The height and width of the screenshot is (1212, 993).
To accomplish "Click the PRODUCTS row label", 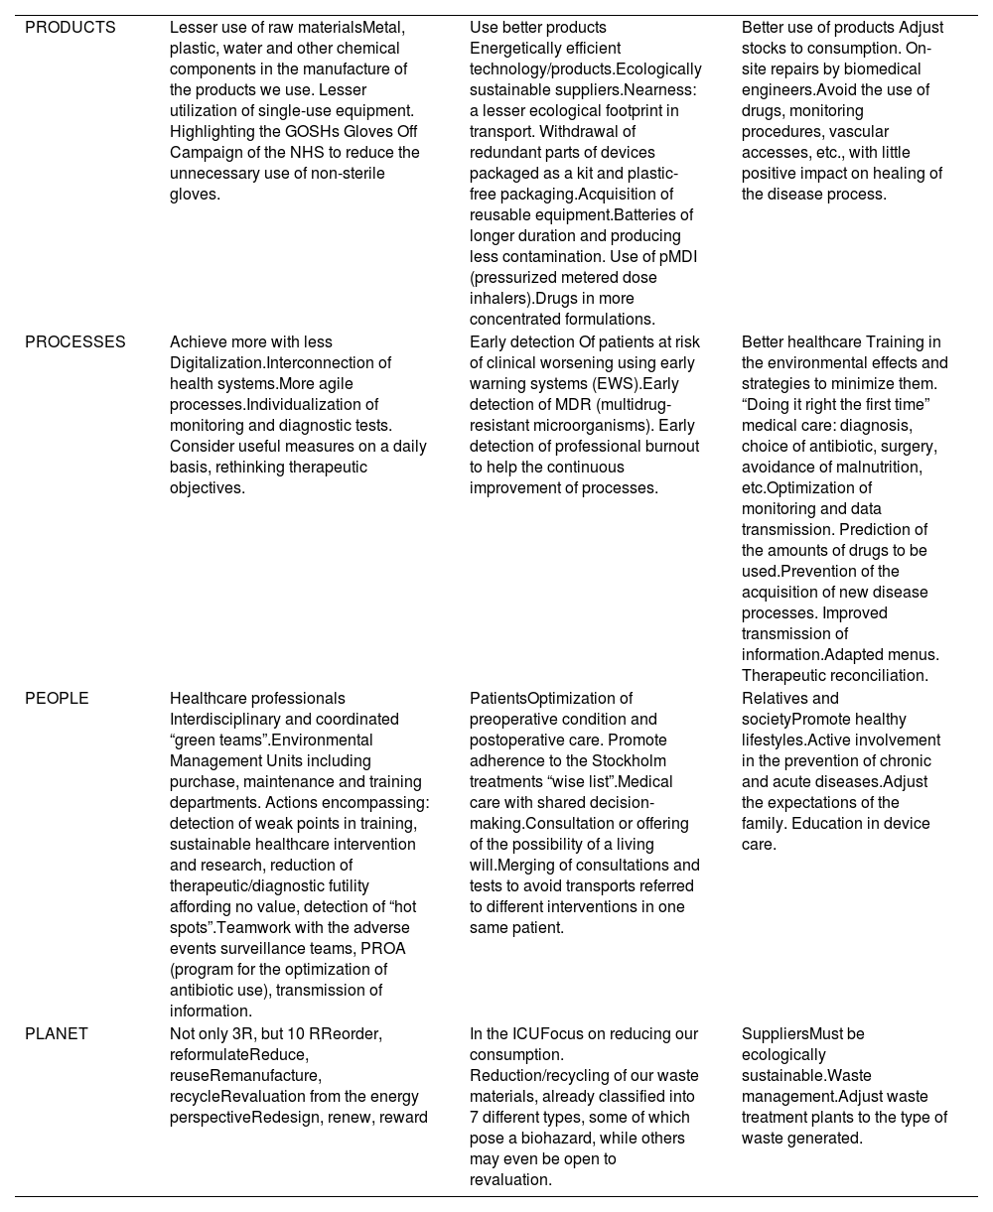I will click(71, 28).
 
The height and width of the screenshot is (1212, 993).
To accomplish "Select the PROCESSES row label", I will click(75, 342).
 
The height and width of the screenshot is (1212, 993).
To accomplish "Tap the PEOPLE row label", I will click(57, 699).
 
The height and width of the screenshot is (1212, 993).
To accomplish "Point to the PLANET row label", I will click(57, 1034).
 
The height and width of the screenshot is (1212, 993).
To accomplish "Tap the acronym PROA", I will click(383, 949).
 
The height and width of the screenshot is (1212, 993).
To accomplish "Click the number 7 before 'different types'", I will click(475, 1118).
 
